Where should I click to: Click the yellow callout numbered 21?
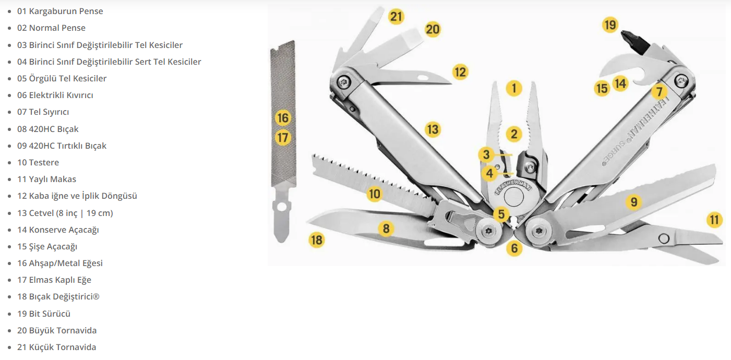tap(396, 16)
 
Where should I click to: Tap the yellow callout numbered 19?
tap(610, 25)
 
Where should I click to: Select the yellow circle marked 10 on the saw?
tap(374, 194)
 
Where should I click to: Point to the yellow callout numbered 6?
tap(514, 248)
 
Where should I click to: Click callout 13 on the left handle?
tap(433, 129)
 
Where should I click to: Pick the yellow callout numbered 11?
tap(714, 220)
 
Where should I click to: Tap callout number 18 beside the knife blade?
tap(317, 240)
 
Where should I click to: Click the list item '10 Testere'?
tap(38, 163)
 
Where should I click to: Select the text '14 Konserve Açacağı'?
tap(58, 230)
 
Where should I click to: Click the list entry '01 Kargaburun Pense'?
tap(60, 11)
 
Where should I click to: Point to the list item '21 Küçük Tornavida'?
tap(57, 347)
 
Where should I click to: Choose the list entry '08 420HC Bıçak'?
tap(48, 129)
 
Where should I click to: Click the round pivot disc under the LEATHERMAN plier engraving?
tap(513, 197)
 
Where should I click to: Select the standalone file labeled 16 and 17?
tap(283, 140)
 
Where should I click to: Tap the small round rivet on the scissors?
tap(664, 238)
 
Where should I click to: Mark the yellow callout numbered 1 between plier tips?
tap(514, 88)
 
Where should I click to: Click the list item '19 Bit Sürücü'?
tap(44, 314)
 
